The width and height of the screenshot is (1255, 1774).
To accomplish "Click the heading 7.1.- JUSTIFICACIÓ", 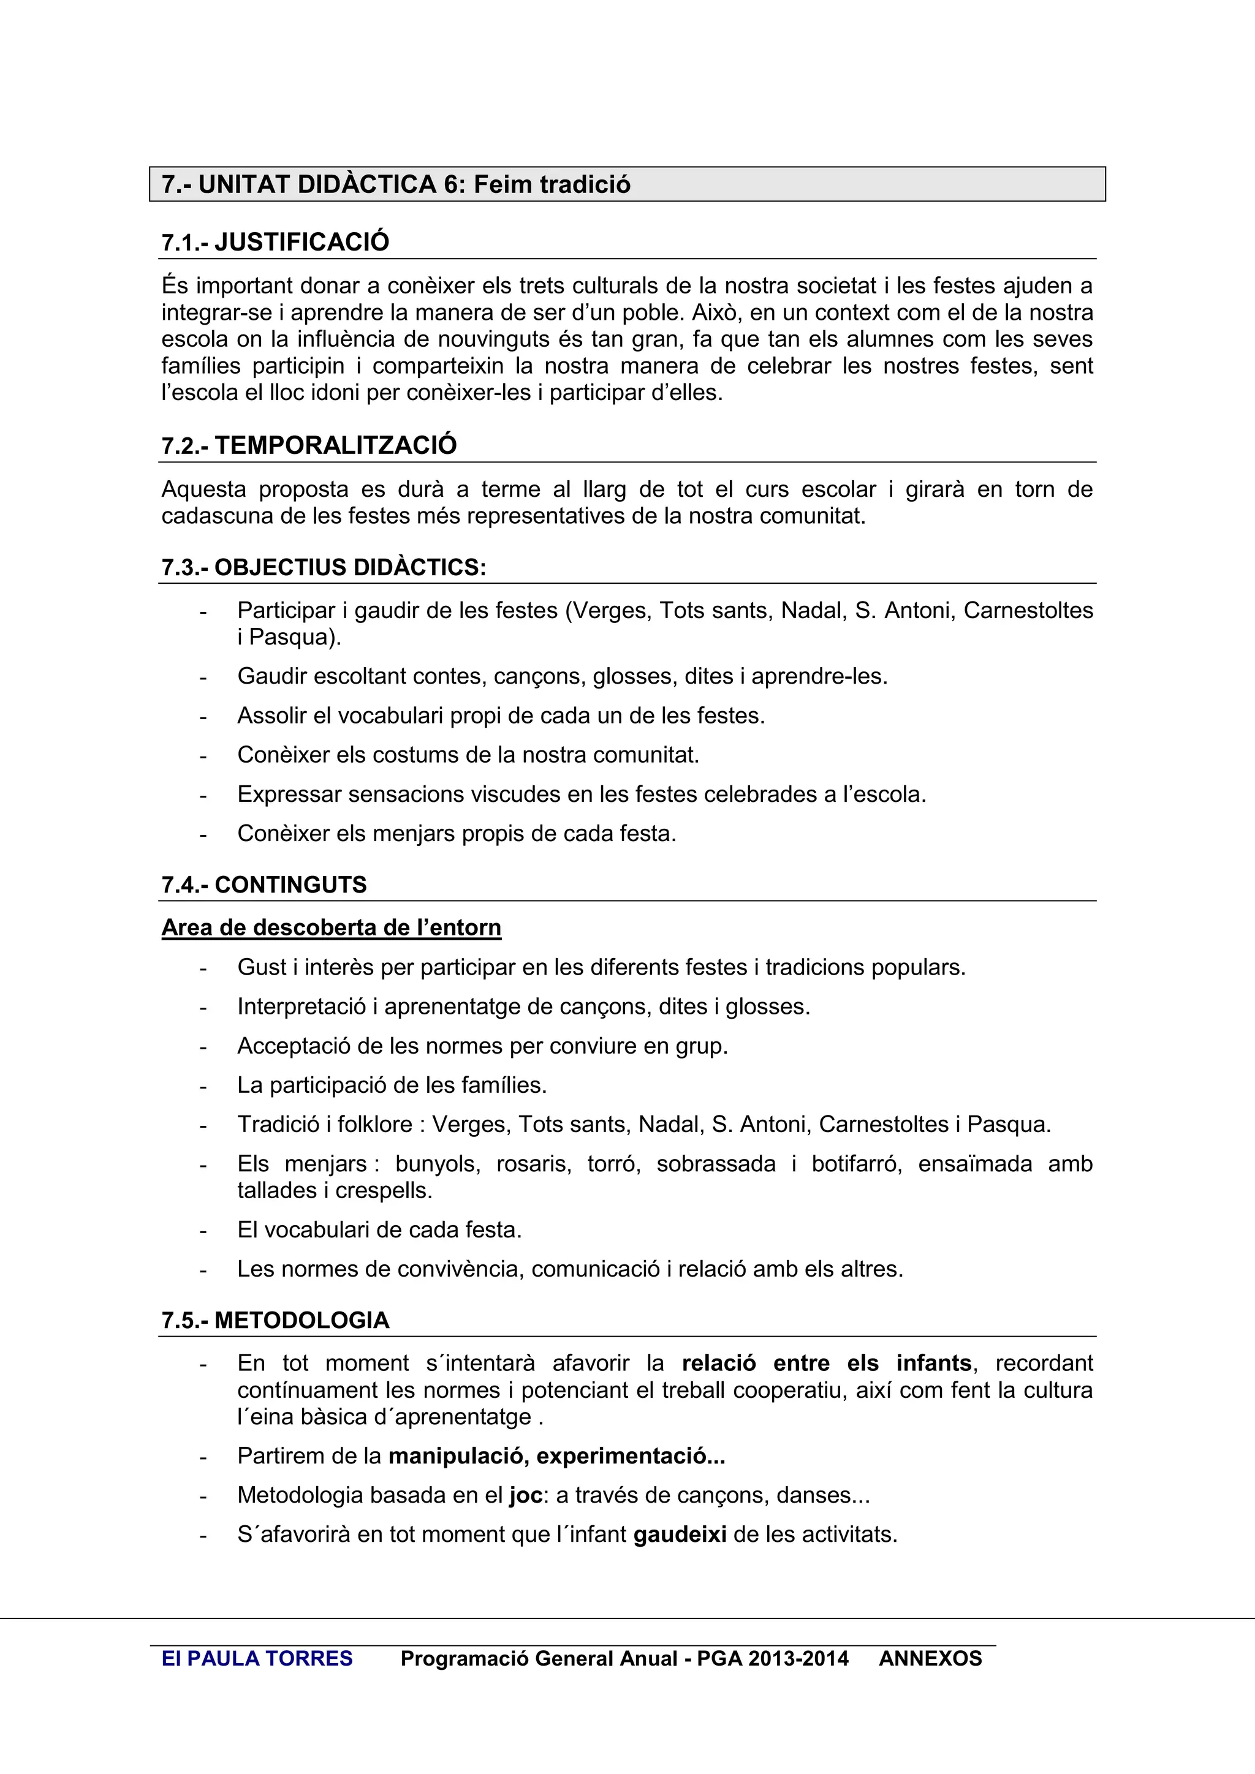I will coord(275,243).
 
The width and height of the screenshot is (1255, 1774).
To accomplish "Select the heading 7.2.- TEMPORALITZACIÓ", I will coord(309,446).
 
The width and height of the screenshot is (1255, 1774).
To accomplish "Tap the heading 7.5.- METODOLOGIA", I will coord(275,1321).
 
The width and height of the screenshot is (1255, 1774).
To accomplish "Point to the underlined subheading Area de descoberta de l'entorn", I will coord(331,928).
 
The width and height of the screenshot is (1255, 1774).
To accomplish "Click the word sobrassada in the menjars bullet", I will coord(716,1164).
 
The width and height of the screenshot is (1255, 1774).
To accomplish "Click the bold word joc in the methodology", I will coord(526,1495).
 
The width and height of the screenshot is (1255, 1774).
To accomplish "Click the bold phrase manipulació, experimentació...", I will coord(556,1457).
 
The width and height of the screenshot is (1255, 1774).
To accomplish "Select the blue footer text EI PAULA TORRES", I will coord(257,1659).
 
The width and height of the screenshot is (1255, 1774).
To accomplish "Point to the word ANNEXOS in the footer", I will coord(930,1659).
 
